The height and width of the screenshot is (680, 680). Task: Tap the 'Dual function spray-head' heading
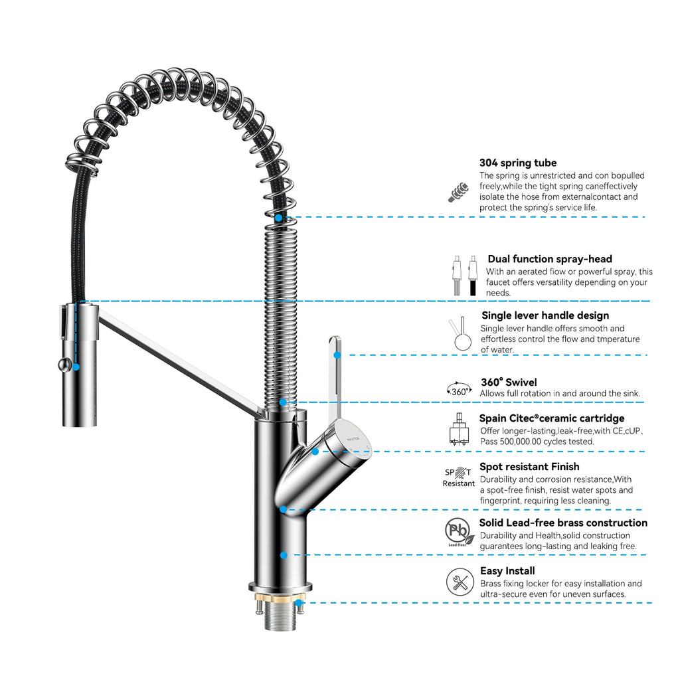coord(549,259)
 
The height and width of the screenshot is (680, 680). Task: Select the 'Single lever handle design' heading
coord(545,315)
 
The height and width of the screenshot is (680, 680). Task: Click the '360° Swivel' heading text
coord(509,382)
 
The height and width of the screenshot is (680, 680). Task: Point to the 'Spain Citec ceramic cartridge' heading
coord(551,418)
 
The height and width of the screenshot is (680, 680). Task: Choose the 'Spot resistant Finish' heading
coord(529,467)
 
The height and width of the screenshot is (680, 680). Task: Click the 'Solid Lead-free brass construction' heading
coord(563,523)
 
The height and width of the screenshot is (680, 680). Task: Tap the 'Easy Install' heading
coord(507,571)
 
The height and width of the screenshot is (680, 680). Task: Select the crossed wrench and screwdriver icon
coord(460,581)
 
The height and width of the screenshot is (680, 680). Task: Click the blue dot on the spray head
coord(76,367)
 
